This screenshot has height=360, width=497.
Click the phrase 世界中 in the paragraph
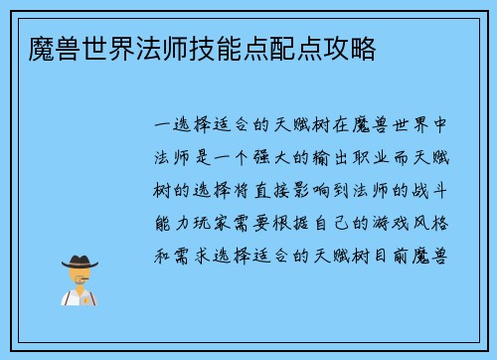tap(425, 127)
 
